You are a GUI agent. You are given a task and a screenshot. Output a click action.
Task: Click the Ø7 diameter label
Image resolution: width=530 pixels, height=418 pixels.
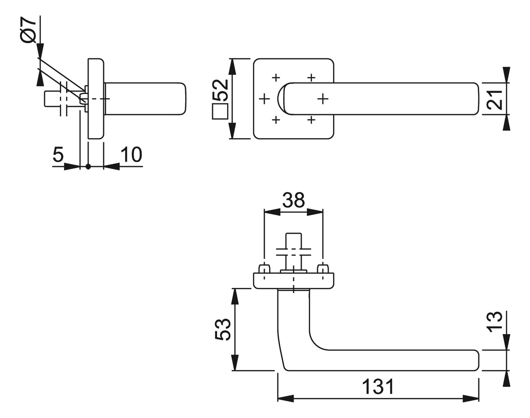click(28, 30)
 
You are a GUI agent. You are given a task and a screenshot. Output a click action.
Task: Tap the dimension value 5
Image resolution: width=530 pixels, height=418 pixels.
click(58, 155)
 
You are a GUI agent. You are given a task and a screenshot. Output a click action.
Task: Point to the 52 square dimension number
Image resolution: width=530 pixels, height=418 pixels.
click(220, 90)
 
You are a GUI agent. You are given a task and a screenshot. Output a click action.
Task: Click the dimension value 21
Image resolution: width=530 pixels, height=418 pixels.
click(494, 99)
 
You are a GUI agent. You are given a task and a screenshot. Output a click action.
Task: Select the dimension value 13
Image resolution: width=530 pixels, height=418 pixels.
click(494, 322)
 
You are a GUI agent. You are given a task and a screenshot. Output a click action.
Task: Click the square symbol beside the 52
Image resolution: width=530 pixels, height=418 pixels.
click(220, 111)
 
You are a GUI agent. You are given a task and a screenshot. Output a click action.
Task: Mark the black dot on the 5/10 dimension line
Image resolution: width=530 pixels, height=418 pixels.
click(88, 167)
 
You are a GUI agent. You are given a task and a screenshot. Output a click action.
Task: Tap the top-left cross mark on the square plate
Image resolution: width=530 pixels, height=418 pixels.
click(276, 77)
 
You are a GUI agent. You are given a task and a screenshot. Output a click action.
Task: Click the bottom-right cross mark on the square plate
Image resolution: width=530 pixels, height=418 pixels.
click(311, 120)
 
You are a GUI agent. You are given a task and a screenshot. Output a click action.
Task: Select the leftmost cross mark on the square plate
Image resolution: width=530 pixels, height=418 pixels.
click(264, 99)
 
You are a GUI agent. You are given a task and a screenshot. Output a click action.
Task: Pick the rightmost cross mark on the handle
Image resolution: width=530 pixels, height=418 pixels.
click(323, 99)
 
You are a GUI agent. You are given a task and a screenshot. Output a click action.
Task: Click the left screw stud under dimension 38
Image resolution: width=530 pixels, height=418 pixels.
click(264, 269)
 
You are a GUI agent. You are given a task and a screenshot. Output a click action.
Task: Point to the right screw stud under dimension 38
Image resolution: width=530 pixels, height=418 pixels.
click(323, 269)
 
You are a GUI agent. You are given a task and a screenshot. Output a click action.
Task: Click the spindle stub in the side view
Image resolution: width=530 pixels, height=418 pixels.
click(53, 99)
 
